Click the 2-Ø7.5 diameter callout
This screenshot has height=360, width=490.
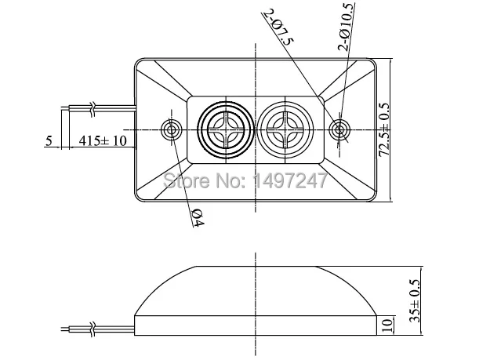coord(278,27)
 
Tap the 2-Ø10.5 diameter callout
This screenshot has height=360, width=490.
coord(347,27)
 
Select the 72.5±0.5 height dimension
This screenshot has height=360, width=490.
coord(384,129)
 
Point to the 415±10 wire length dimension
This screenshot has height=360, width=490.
coord(103,140)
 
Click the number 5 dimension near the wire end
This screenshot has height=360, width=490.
coord(49,140)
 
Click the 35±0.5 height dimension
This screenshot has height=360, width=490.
coord(415,300)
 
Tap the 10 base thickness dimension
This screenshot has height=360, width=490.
coord(387,325)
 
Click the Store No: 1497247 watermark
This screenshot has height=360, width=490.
coord(245,180)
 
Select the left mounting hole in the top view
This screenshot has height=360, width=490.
coord(171,129)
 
